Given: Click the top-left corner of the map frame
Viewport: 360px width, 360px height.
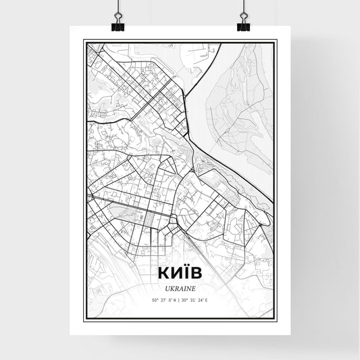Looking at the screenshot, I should point(84,41).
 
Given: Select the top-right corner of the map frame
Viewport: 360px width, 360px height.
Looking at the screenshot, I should point(276,41).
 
